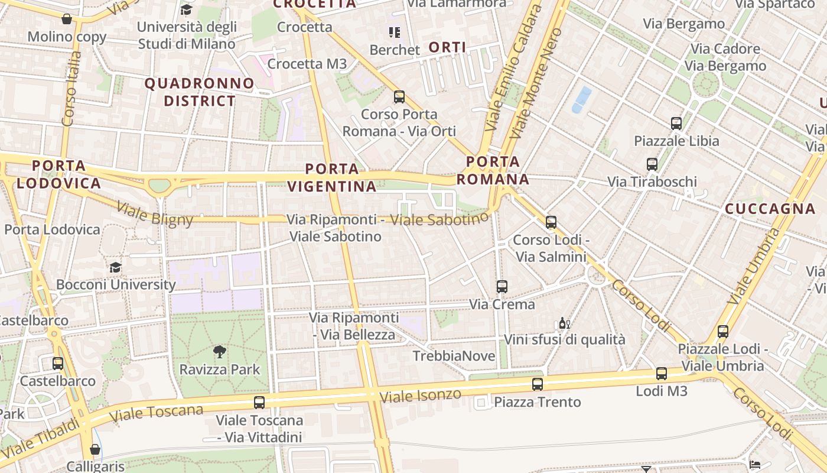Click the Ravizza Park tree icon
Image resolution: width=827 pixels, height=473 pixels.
[x=220, y=352]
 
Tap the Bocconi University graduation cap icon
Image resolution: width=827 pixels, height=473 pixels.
[x=115, y=267]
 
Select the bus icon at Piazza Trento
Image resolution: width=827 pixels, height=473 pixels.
[x=537, y=384]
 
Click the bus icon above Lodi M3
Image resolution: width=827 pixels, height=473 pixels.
[x=661, y=374]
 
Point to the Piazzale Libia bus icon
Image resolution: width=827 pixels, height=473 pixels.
[x=676, y=124]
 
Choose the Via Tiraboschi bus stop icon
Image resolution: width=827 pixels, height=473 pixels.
[x=652, y=164]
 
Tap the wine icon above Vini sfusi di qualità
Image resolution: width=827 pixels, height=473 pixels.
[x=564, y=323]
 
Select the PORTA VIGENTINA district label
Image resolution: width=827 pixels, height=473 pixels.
[x=332, y=177]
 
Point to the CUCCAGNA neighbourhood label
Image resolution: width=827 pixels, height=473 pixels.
[x=770, y=209]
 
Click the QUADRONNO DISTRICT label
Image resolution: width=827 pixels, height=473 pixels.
[x=200, y=92]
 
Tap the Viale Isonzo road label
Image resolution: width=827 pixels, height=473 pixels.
[x=420, y=396]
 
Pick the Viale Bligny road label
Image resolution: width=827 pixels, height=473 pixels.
[x=155, y=214]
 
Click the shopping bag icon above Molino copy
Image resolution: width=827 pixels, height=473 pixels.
[x=67, y=19]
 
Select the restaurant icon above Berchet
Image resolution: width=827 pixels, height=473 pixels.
[x=394, y=32]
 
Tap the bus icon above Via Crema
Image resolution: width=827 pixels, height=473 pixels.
[x=502, y=287]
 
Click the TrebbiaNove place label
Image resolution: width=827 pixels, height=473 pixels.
[x=454, y=356]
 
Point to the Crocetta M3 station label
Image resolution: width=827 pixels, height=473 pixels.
[x=307, y=64]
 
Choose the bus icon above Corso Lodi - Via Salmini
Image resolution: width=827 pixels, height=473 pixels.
[x=551, y=222]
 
